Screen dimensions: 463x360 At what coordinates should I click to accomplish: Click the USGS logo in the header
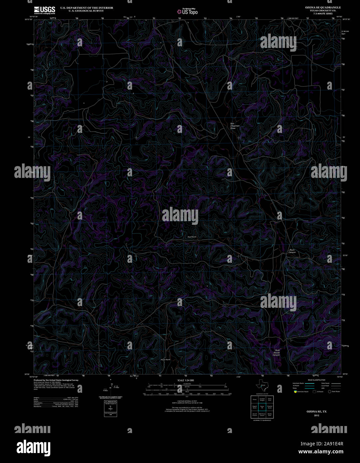coord(44,10)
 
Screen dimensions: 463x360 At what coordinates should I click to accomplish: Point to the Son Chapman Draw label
coord(235,126)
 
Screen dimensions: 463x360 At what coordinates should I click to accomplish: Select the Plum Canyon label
coord(292,251)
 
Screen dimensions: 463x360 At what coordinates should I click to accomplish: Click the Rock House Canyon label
coord(276,353)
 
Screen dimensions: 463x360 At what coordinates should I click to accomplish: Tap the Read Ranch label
coord(192,237)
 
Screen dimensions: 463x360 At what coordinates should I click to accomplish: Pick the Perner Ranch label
coord(166,360)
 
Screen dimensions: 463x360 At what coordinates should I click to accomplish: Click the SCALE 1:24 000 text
coord(185,380)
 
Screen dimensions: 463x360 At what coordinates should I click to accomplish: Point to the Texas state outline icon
coord(261,385)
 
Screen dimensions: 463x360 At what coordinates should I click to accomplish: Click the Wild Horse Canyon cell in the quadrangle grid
coord(262,415)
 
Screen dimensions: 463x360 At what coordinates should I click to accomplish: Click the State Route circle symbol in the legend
coord(329,392)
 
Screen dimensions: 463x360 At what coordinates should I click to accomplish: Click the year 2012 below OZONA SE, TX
coord(316,416)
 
